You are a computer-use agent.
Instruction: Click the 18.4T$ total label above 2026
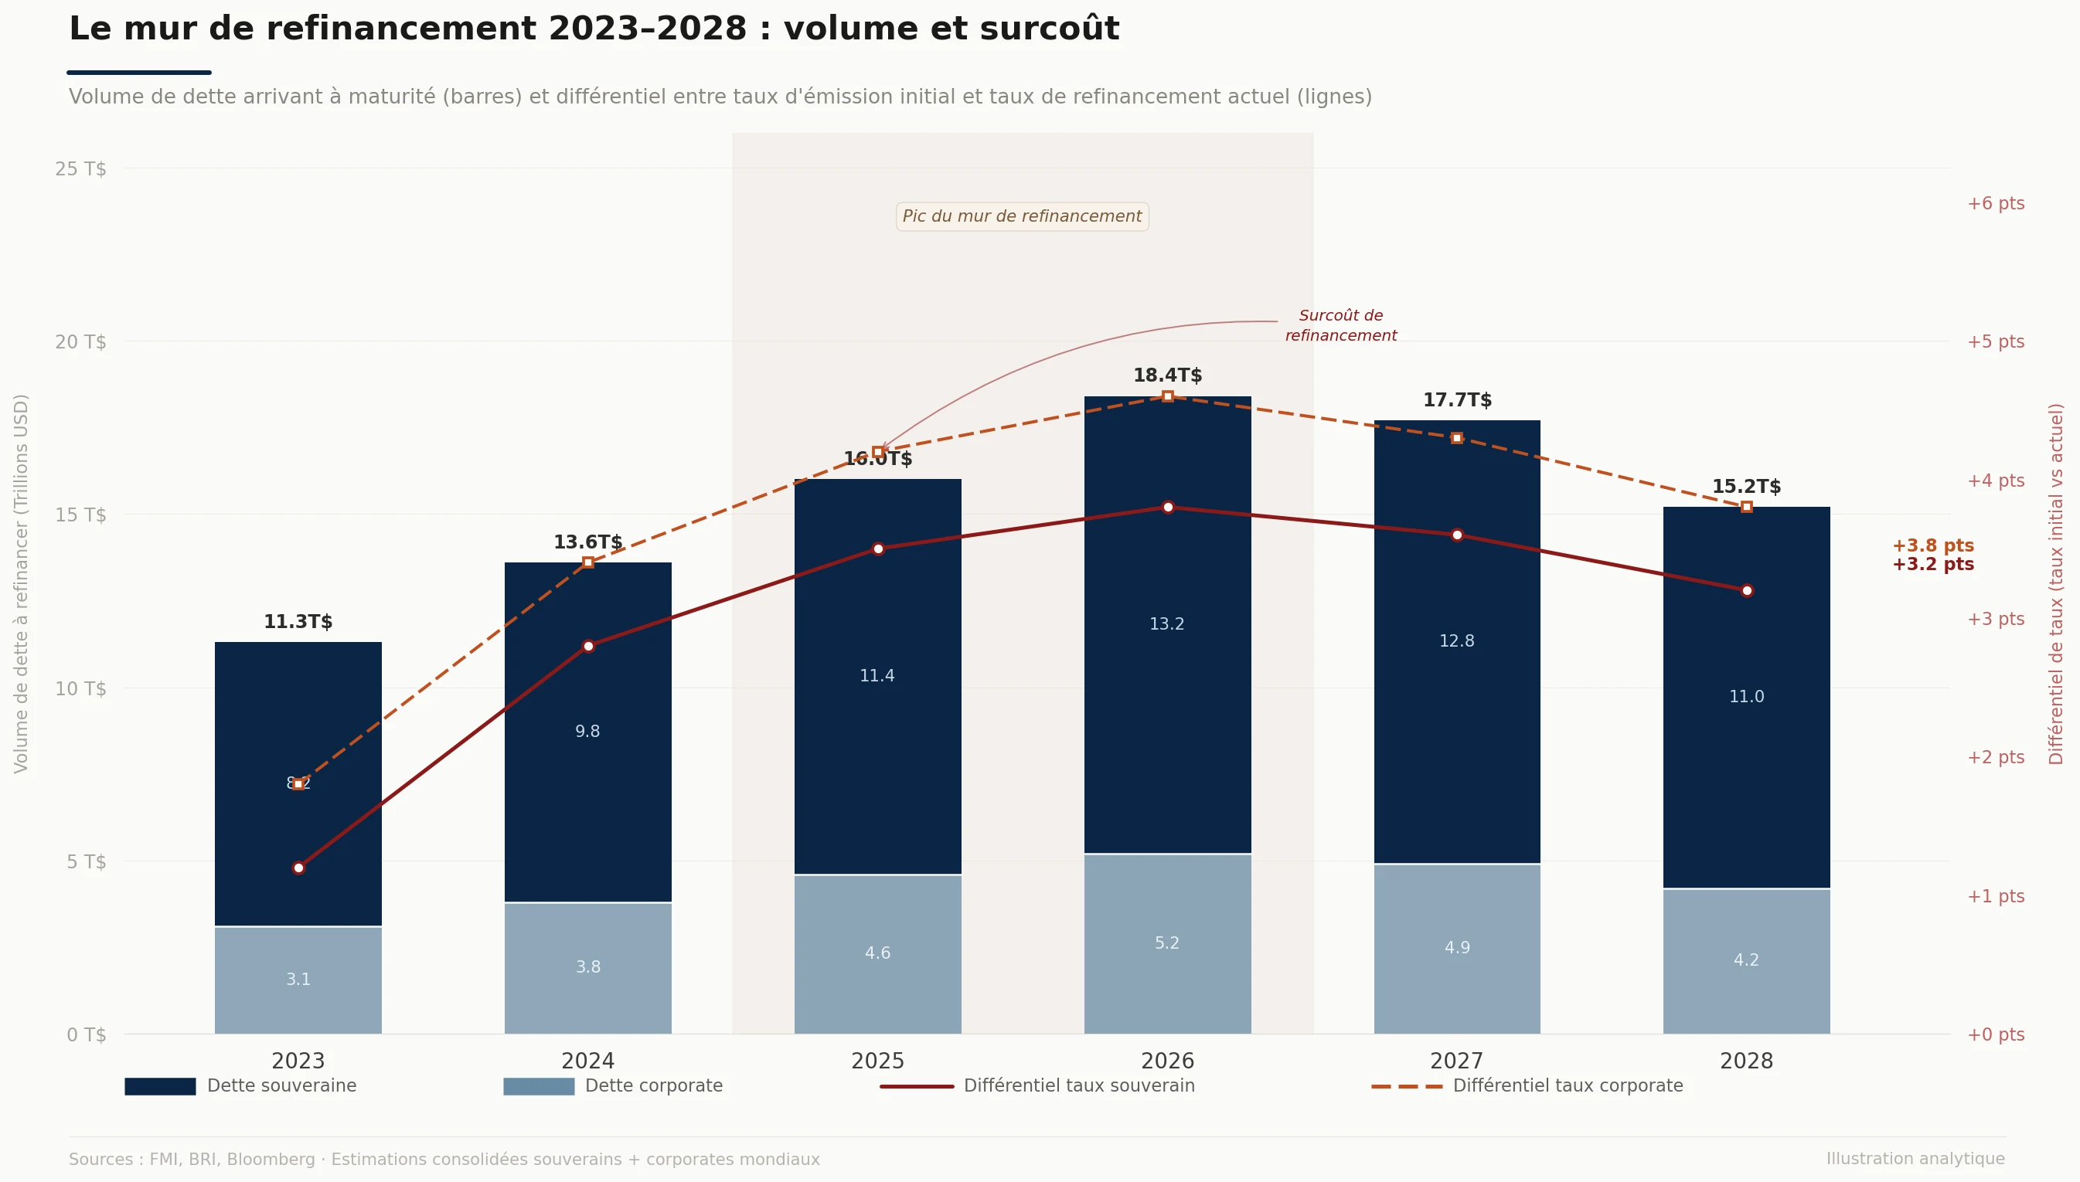click(1167, 375)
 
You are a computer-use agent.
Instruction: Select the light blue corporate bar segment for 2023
click(298, 980)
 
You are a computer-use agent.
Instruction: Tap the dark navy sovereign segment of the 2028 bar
click(1746, 731)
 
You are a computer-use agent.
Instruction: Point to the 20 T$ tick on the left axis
click(80, 341)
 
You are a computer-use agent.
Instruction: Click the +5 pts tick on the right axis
click(1995, 341)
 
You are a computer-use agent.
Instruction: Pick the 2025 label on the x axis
click(877, 1061)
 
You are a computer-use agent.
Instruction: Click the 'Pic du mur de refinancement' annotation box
click(1022, 217)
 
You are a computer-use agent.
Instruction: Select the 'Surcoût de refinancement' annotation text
click(1340, 325)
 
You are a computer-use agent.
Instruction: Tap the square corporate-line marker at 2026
click(1167, 396)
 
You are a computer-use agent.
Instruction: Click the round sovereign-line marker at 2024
click(588, 646)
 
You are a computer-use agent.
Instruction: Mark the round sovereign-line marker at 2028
click(1747, 590)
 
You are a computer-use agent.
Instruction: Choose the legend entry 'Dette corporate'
click(653, 1086)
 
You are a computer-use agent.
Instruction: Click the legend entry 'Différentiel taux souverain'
click(1078, 1086)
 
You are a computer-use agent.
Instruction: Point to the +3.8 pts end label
click(1932, 545)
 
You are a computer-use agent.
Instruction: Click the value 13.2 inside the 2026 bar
click(1166, 624)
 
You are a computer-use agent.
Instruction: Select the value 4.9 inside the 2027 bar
click(1456, 947)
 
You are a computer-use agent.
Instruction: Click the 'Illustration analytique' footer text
click(1915, 1160)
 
